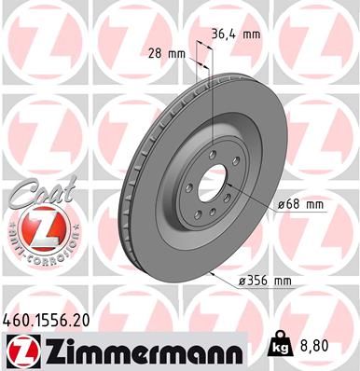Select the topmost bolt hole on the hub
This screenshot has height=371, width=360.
(214, 155)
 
